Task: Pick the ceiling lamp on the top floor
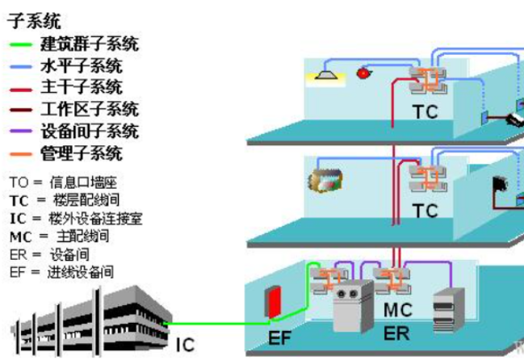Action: point(325,74)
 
